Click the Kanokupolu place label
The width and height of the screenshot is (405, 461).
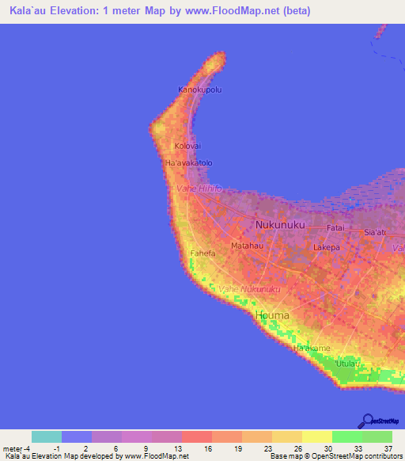(x=199, y=90)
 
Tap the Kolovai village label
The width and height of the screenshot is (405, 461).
(x=187, y=147)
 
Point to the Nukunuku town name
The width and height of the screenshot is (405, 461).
(x=280, y=226)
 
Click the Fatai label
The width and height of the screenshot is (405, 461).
(x=336, y=227)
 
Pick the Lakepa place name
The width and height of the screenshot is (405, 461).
(x=327, y=247)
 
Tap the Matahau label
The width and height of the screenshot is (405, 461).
(x=246, y=246)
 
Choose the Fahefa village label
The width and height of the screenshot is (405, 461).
(x=203, y=254)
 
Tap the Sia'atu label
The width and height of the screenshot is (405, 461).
(x=374, y=232)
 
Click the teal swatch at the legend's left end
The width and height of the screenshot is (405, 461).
(x=46, y=436)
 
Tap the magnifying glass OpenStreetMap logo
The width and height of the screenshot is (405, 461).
(x=366, y=419)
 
